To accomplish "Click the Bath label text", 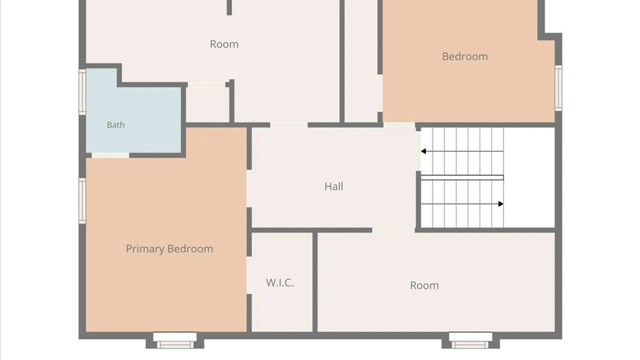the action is coord(116,125).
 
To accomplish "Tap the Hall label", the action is coord(334,186).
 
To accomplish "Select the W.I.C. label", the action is coord(280,283).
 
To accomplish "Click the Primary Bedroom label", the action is coord(169,249).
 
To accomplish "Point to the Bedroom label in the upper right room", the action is coord(465,56).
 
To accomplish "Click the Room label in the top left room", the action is coord(224,44).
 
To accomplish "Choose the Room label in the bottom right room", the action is coord(424,285).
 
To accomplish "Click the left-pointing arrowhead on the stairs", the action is coord(423,151).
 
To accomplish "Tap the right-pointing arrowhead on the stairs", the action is coord(501,204).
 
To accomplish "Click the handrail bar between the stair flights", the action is coord(462,178).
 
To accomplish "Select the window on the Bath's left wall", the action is coord(82,92).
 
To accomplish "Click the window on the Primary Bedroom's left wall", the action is coord(82,201).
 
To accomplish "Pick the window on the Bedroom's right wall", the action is coord(558,88).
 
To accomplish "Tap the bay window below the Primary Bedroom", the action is coord(175,340).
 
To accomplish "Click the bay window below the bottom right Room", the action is coord(471,340).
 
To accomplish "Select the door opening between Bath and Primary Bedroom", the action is coord(110,155).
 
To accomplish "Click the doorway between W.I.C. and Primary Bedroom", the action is coord(249,275).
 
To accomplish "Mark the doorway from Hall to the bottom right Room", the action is coord(393,230).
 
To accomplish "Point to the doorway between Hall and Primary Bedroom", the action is coord(249,189).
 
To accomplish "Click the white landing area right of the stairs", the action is coord(529,178).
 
